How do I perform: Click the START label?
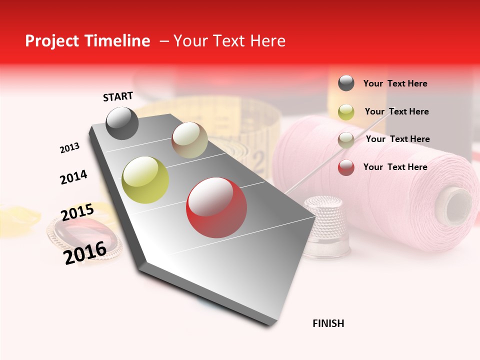click(118, 96)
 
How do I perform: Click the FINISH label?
click(328, 323)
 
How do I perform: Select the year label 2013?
click(69, 148)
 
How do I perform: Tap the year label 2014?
click(73, 177)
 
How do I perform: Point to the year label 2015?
click(77, 212)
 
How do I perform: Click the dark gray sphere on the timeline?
click(122, 123)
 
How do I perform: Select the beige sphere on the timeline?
click(189, 140)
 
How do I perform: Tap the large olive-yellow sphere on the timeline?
click(145, 180)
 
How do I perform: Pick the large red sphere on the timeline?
click(216, 207)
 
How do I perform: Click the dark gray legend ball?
click(346, 83)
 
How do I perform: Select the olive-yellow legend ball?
click(346, 111)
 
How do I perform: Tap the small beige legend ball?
click(346, 139)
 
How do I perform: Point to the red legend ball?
click(346, 167)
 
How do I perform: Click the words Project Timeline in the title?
click(87, 41)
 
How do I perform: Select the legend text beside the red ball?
click(395, 167)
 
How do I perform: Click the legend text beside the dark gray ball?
click(395, 83)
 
